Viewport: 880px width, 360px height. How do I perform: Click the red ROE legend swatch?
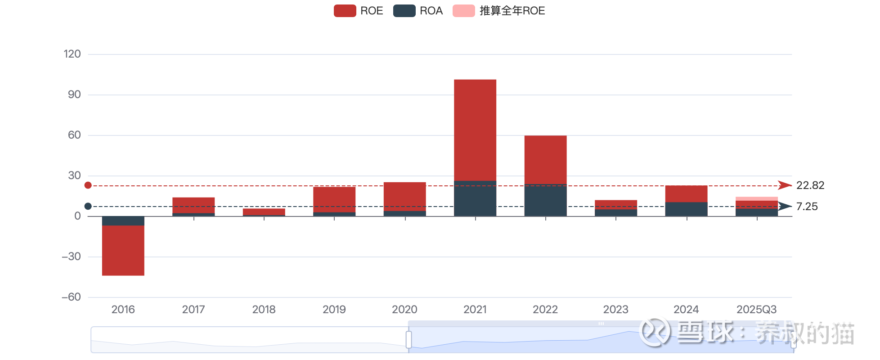click(345, 11)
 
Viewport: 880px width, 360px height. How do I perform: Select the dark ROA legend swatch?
click(404, 11)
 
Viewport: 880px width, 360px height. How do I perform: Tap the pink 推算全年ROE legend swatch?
click(463, 11)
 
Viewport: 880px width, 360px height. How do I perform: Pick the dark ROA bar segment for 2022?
click(545, 200)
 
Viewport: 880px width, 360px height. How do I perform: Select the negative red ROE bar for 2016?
click(123, 250)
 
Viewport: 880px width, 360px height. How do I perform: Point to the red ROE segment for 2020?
click(404, 196)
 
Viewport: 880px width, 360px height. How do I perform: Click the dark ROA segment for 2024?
click(686, 209)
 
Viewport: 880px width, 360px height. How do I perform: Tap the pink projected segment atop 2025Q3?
click(756, 198)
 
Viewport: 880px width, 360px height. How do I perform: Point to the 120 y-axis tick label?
click(72, 54)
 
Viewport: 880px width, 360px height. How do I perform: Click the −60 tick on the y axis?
click(71, 297)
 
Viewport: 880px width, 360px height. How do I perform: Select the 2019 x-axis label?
click(334, 310)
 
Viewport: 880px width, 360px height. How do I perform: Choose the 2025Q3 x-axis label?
click(756, 310)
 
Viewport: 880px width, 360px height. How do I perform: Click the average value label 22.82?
click(810, 185)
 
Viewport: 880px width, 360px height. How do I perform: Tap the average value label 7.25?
click(807, 207)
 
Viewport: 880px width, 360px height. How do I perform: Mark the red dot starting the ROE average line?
click(88, 185)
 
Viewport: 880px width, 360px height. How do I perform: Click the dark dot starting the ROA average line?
click(88, 206)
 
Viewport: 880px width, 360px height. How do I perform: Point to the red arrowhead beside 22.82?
click(785, 185)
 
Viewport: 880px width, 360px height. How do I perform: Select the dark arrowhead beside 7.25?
click(785, 206)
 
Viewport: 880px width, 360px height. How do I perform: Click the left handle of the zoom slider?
click(409, 339)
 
